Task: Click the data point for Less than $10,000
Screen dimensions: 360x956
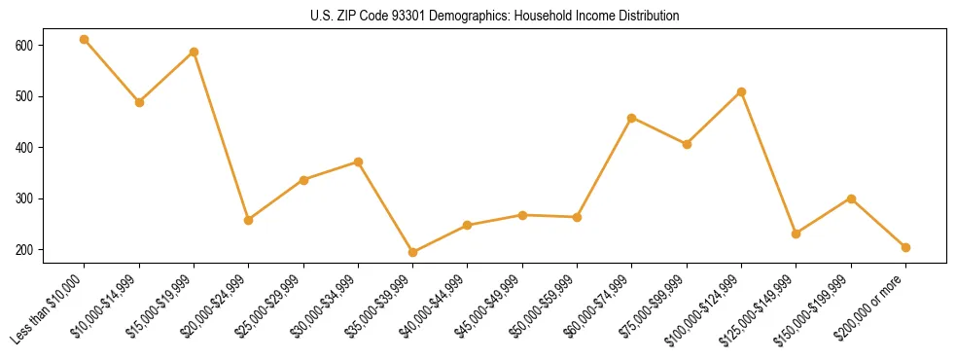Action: (85, 40)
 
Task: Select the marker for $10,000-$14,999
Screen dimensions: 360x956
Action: (139, 102)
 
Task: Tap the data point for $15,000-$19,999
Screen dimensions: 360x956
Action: (194, 52)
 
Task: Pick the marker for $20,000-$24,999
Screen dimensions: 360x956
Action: (249, 220)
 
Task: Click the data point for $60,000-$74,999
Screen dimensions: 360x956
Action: (632, 118)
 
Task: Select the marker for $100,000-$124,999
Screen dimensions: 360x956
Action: (742, 91)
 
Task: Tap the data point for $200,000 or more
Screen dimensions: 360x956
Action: (905, 247)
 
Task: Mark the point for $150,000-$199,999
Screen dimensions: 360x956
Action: (851, 198)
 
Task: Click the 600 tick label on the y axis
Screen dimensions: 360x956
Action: (24, 46)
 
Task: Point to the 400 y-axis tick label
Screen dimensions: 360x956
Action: (24, 148)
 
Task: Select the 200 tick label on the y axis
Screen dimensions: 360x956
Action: (24, 250)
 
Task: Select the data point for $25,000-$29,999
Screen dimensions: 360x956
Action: (303, 180)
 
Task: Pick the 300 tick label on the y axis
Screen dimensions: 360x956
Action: (24, 198)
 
